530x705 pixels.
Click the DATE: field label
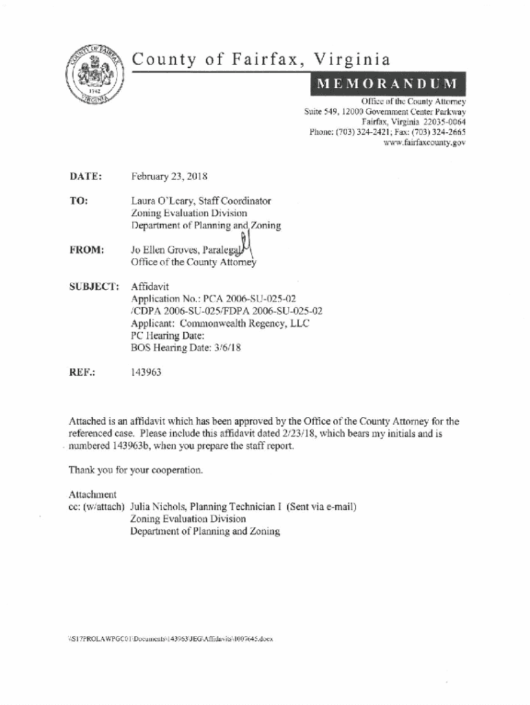click(85, 176)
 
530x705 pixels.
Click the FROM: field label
click(86, 251)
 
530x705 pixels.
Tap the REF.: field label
click(81, 372)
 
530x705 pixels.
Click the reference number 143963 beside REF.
click(147, 372)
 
